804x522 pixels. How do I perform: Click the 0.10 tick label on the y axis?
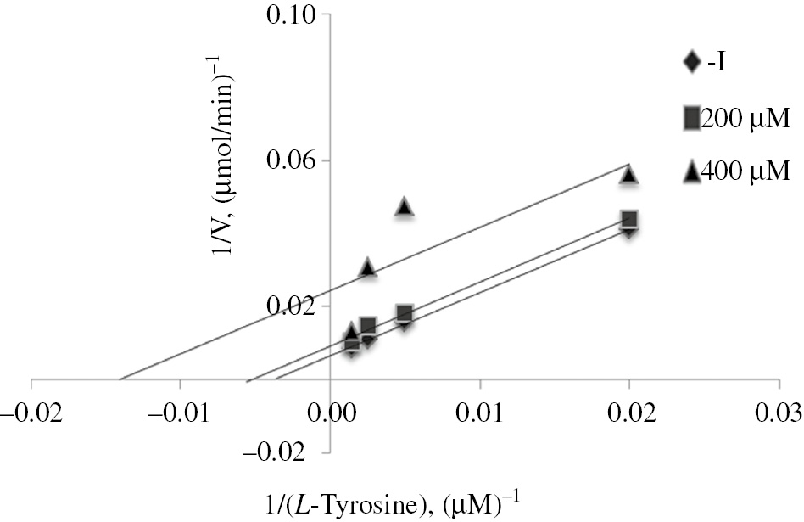pyautogui.click(x=291, y=15)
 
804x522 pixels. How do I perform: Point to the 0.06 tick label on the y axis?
pyautogui.click(x=291, y=160)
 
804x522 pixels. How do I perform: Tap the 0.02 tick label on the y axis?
pyautogui.click(x=291, y=306)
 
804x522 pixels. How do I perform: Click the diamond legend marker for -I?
pyautogui.click(x=691, y=61)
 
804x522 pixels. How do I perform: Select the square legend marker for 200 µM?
pyautogui.click(x=691, y=118)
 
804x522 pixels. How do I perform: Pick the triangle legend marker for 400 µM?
pyautogui.click(x=691, y=172)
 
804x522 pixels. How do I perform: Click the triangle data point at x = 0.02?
pyautogui.click(x=628, y=174)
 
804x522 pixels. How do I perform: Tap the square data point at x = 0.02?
pyautogui.click(x=628, y=219)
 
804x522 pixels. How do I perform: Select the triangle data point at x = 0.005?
pyautogui.click(x=405, y=206)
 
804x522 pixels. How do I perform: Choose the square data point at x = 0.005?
pyautogui.click(x=405, y=313)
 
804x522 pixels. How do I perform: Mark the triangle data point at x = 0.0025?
pyautogui.click(x=367, y=267)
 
